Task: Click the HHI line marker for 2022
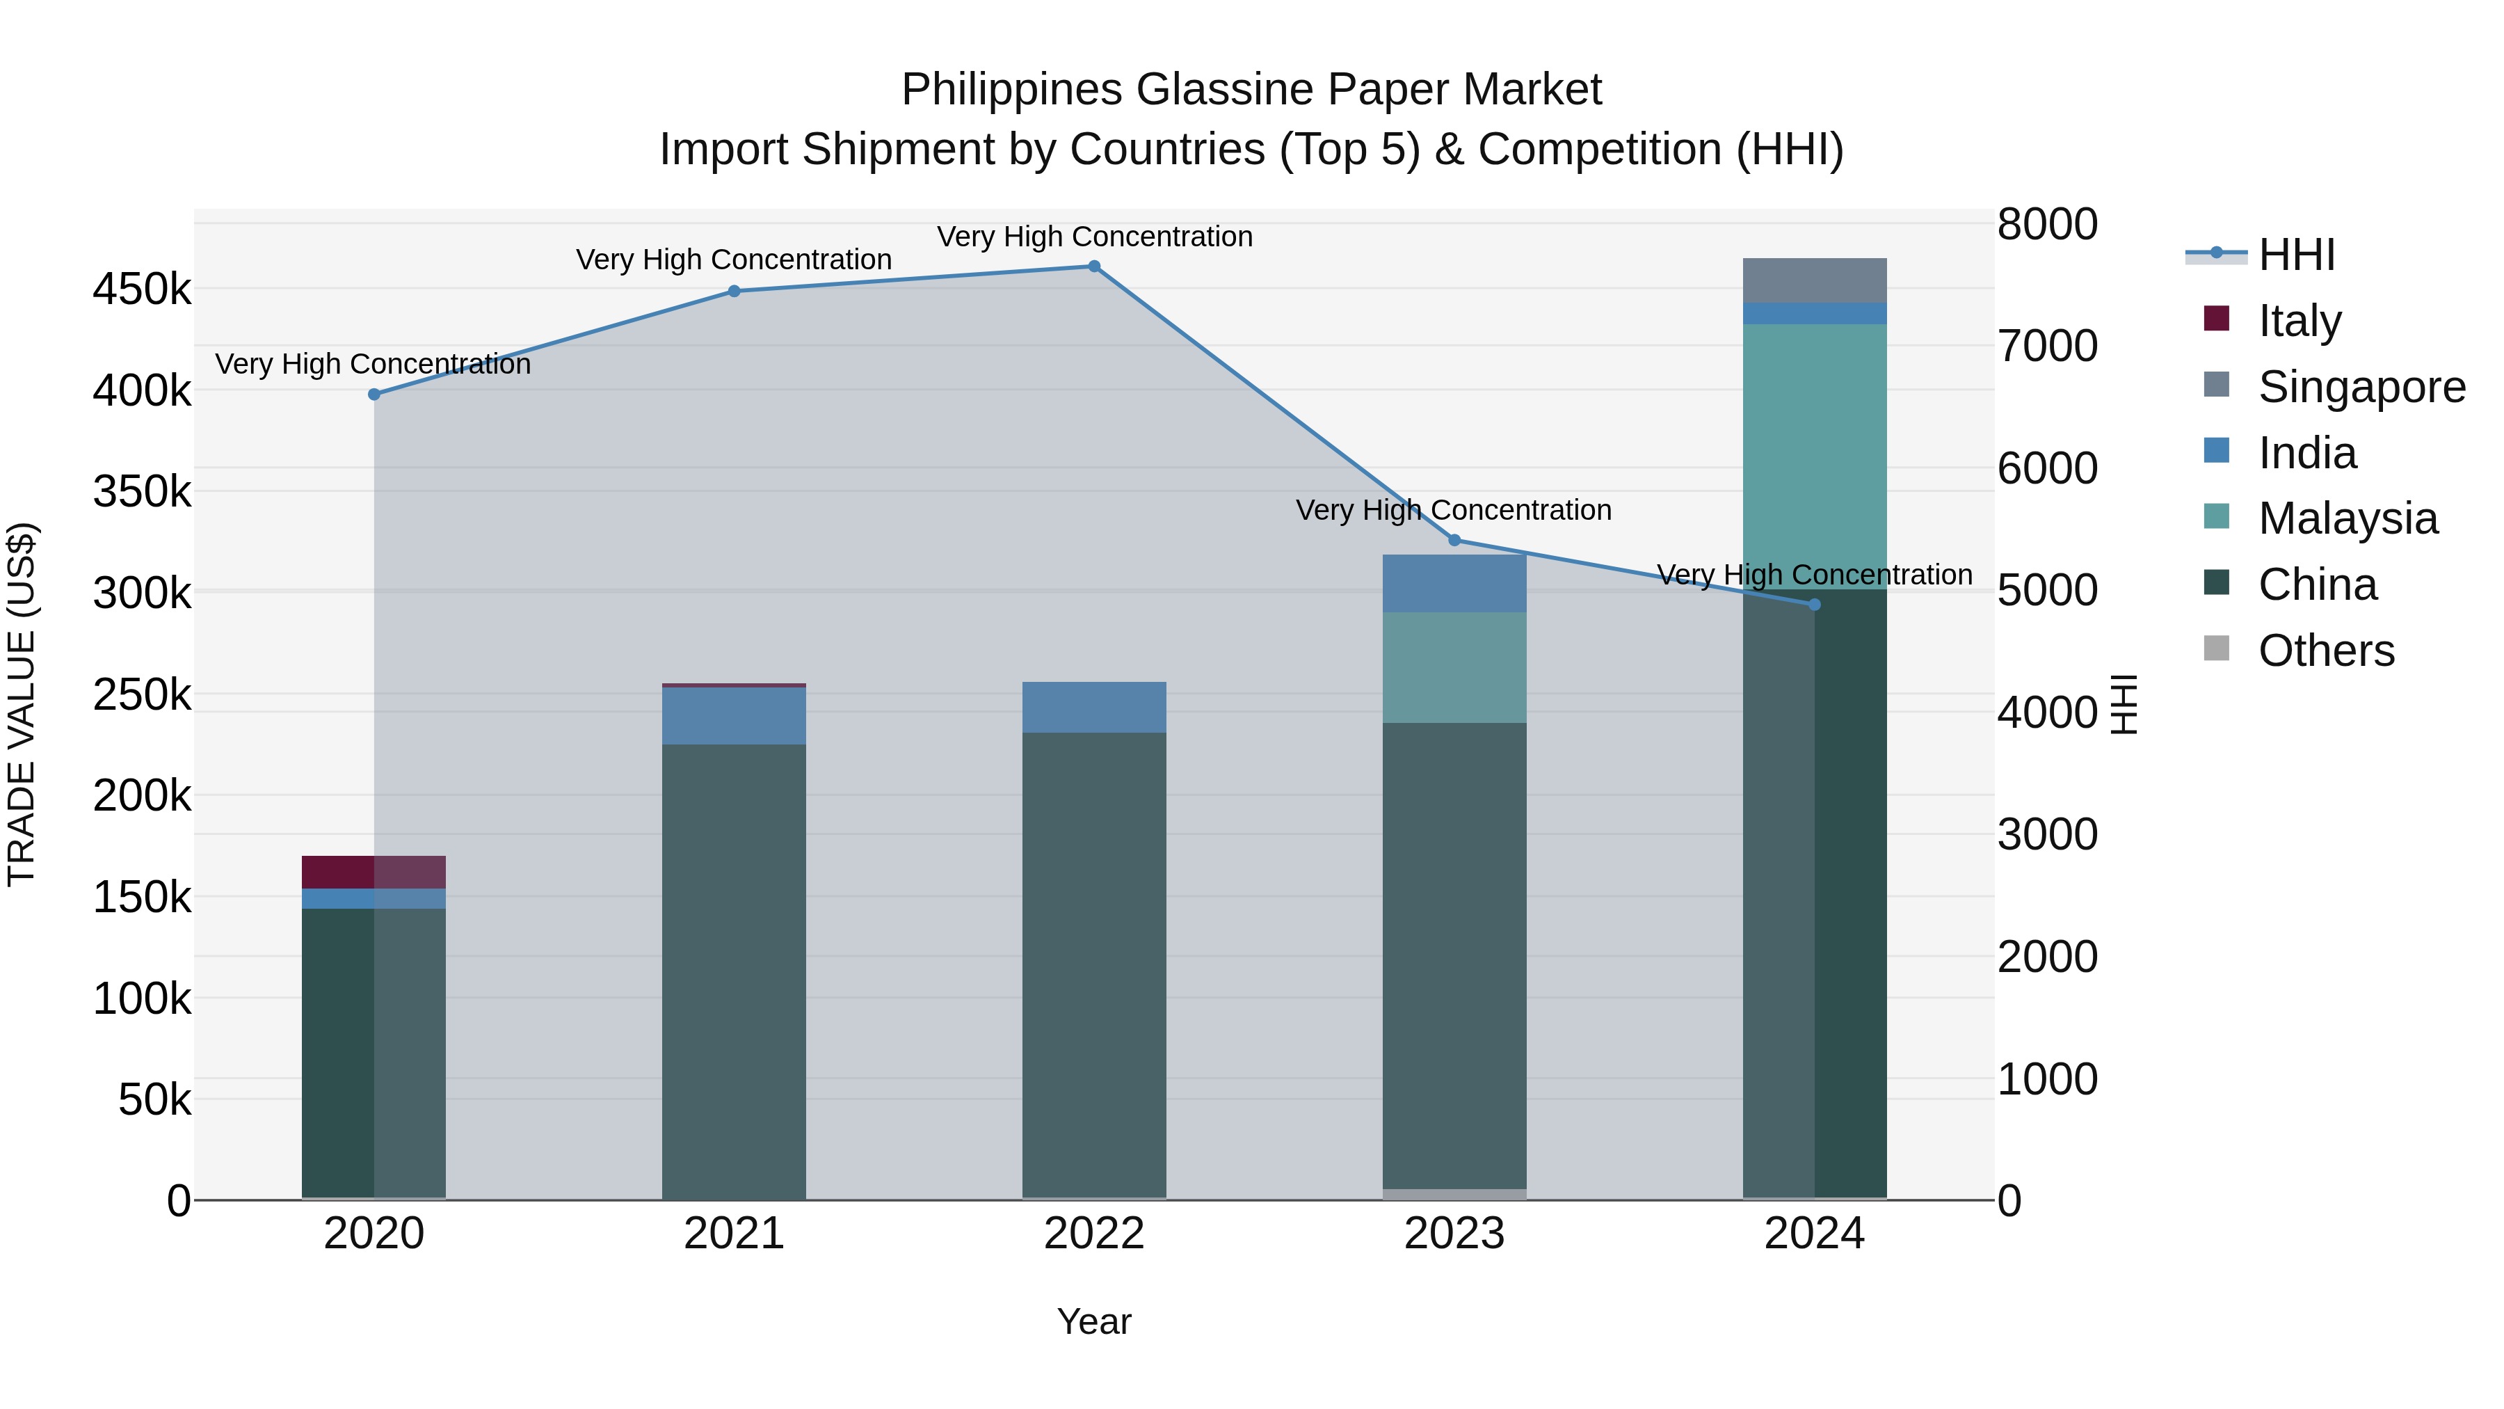tap(1093, 266)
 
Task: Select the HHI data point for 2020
tap(374, 395)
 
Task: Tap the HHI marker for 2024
tap(1814, 605)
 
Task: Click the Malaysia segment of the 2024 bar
tap(1814, 457)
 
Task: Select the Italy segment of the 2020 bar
tap(374, 873)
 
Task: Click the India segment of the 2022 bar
tap(1093, 707)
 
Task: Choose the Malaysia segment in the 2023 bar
tap(1454, 667)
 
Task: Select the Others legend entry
tap(2325, 651)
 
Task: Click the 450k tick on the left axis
tap(142, 289)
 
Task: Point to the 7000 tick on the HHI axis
tap(2047, 347)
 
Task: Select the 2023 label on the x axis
tap(1454, 1234)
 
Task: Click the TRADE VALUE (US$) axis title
tap(22, 704)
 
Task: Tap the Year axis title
tap(1093, 1321)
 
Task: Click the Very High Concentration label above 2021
tap(734, 260)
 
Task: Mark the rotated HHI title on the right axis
tap(2125, 704)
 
